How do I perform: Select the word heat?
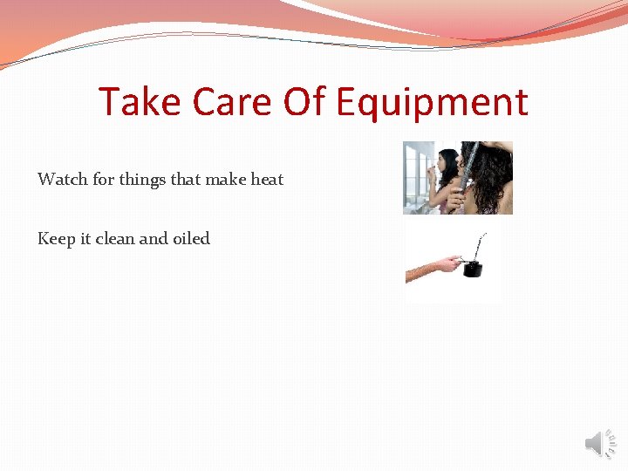coord(267,180)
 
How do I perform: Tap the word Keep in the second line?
coord(56,239)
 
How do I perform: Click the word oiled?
coord(192,239)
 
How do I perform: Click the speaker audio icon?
coord(600,444)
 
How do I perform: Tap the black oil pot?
coord(472,267)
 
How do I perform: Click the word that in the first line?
coord(186,180)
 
